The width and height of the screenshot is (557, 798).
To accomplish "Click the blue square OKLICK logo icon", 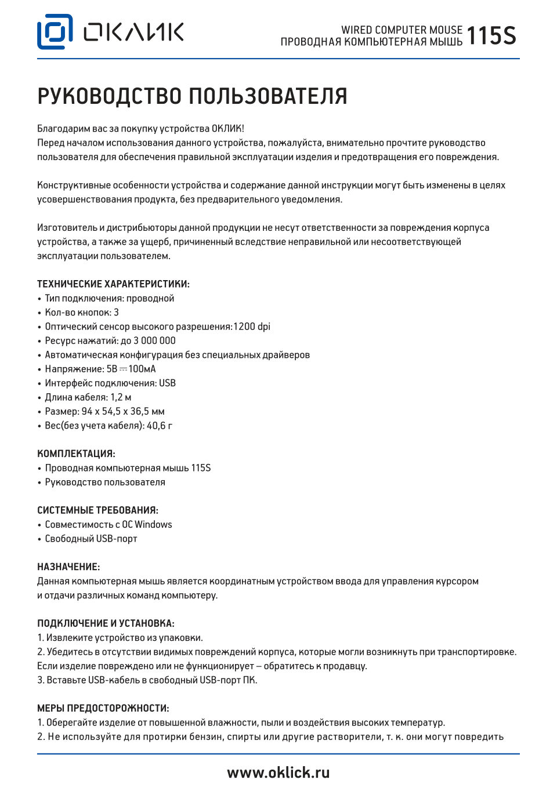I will click(55, 32).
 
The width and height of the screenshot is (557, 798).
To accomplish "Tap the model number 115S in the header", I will click(491, 36).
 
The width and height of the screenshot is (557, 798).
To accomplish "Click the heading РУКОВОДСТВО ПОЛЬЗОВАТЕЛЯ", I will click(192, 96).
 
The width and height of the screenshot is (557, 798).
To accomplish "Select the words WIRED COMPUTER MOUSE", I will click(402, 30).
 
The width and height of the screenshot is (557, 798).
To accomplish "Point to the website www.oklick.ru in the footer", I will click(278, 772).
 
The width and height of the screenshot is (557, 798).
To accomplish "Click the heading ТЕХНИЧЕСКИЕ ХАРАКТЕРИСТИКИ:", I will click(113, 284).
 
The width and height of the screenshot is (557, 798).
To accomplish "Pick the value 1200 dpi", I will click(252, 327).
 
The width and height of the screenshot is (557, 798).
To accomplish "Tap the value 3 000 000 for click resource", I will click(154, 341).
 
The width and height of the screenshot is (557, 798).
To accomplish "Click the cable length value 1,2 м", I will click(121, 397).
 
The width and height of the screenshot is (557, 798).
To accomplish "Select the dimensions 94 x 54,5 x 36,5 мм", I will click(123, 412).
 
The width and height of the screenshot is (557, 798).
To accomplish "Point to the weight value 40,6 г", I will click(160, 426).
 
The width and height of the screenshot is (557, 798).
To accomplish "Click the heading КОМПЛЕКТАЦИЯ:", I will click(76, 454).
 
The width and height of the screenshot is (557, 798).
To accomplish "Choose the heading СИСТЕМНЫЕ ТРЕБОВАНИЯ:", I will click(97, 510).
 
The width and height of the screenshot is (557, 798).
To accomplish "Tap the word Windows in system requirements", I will click(153, 525).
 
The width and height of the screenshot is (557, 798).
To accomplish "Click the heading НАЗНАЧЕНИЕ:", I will click(68, 567).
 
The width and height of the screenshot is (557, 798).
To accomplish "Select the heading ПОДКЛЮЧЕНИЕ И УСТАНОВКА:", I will click(106, 623).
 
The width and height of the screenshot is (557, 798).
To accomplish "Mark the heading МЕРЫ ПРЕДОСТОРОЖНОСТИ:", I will click(103, 708).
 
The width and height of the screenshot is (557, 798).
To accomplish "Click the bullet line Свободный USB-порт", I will click(91, 539).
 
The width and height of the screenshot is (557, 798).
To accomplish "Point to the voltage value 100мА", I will click(142, 369).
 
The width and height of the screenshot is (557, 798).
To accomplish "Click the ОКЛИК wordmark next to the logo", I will click(133, 32).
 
